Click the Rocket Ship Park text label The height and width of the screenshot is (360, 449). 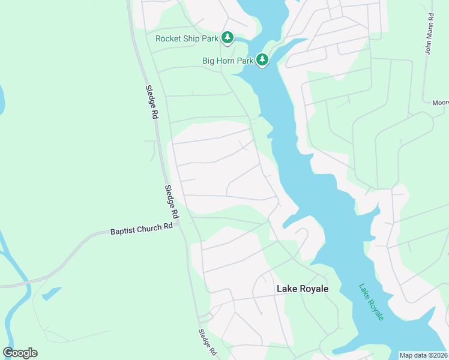click(x=186, y=38)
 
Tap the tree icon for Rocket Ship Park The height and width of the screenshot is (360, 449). click(x=228, y=38)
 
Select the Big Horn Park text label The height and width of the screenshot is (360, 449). click(x=228, y=60)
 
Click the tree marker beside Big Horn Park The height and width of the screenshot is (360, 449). click(x=262, y=59)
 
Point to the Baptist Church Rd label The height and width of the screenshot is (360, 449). click(x=142, y=229)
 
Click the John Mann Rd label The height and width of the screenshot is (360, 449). click(x=429, y=37)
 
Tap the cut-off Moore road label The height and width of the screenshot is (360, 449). click(x=440, y=103)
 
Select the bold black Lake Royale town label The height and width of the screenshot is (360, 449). click(x=303, y=289)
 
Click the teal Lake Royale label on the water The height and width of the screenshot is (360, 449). click(x=371, y=302)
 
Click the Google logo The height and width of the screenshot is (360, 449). click(x=20, y=353)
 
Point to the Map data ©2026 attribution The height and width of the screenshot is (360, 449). click(x=424, y=355)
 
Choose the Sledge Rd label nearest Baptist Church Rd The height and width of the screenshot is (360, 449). click(x=172, y=202)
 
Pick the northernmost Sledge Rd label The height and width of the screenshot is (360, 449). click(x=151, y=101)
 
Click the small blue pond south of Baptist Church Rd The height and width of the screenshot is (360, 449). click(x=51, y=293)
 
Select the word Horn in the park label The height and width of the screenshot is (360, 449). click(x=225, y=60)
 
